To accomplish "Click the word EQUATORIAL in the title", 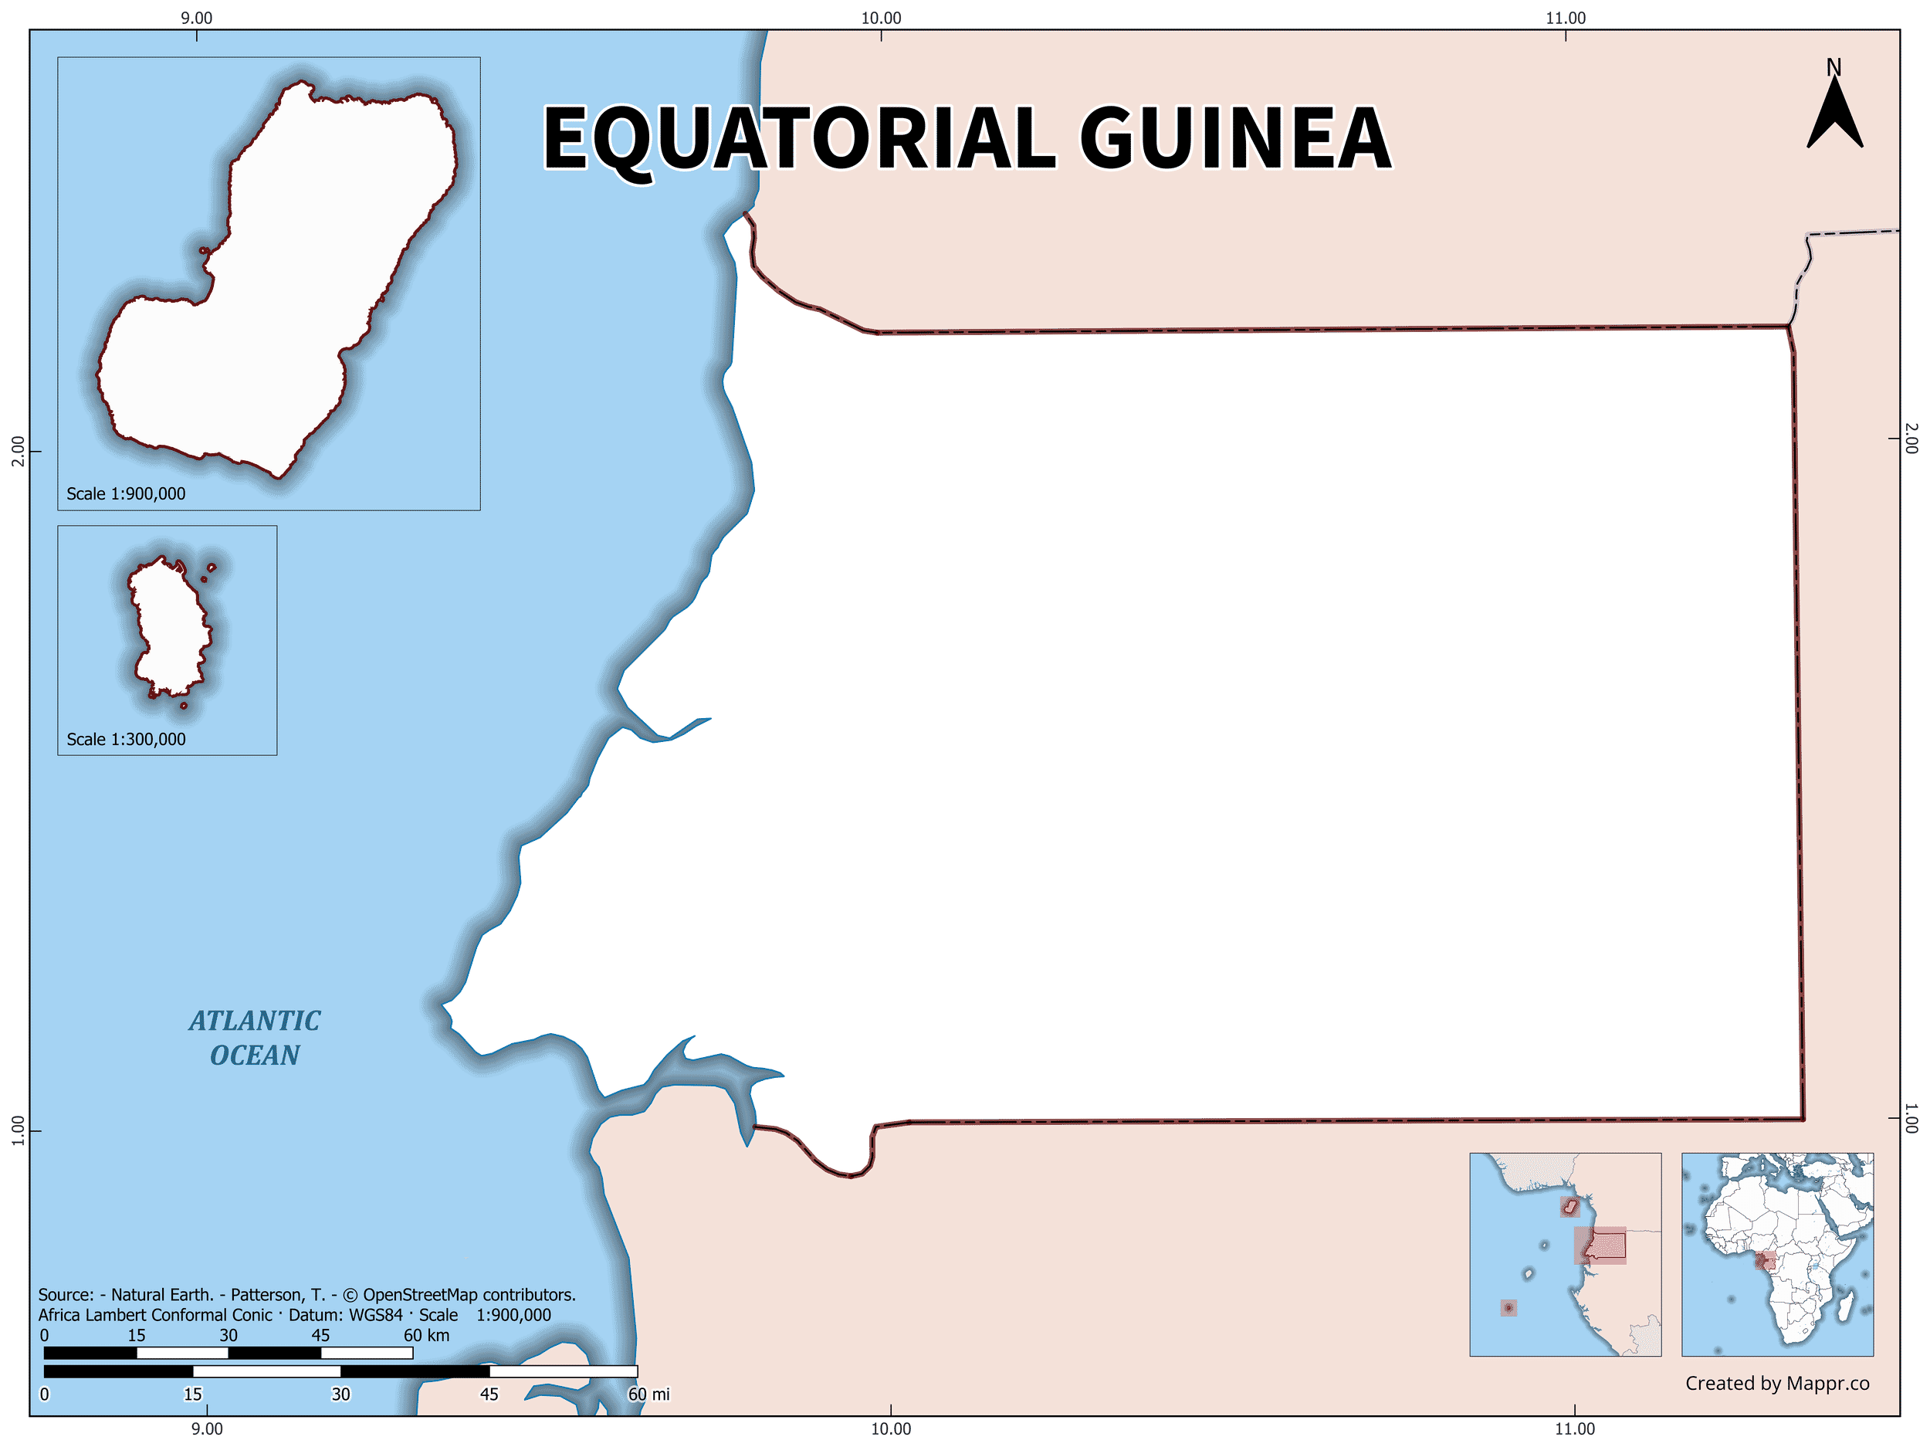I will click(798, 138).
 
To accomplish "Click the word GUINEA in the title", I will click(1234, 138).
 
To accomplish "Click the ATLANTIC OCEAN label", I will click(255, 1038).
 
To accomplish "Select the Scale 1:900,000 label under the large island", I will click(126, 494).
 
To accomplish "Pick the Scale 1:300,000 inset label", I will click(126, 739).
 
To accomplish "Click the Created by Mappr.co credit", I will click(1776, 1383).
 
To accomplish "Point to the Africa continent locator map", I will click(1776, 1254).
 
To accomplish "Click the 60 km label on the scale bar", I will click(427, 1335).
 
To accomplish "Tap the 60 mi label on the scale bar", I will click(649, 1394).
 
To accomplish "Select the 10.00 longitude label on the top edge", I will click(882, 19).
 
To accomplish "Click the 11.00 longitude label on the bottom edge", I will click(1574, 1428).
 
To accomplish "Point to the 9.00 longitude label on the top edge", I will click(196, 19).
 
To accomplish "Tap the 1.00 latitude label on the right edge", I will click(1911, 1119).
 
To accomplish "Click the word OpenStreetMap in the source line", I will click(421, 1295).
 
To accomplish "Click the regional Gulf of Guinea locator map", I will click(1566, 1254).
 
